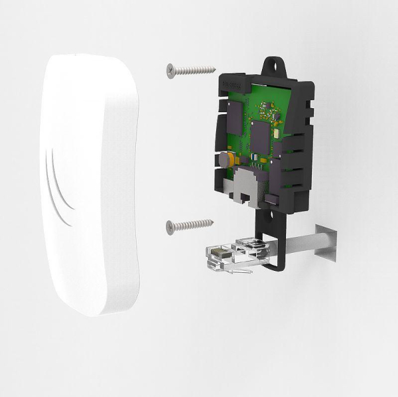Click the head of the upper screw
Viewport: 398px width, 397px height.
tap(171, 69)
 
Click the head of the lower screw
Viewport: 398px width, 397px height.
tap(170, 226)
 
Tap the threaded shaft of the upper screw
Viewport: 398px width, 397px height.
tap(196, 69)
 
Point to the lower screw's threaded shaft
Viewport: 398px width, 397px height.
tap(194, 224)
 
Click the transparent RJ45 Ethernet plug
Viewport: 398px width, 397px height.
tap(229, 256)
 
